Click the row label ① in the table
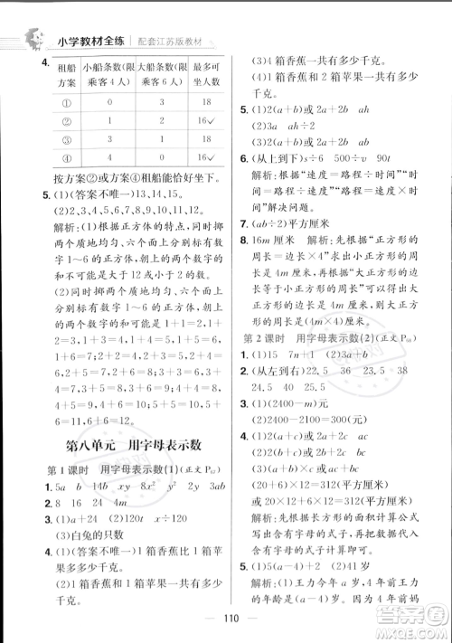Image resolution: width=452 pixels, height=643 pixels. [40, 103]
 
